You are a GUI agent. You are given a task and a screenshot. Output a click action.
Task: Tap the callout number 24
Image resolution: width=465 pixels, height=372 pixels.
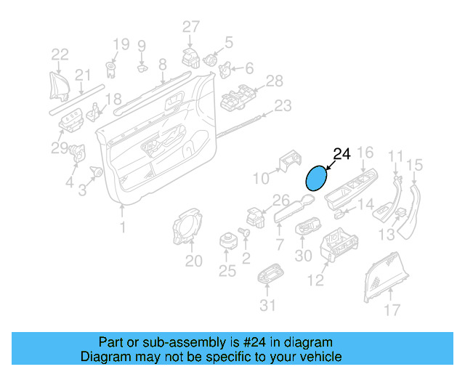click(341, 154)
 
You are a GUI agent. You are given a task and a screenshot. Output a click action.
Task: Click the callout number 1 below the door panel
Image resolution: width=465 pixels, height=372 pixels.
click(122, 227)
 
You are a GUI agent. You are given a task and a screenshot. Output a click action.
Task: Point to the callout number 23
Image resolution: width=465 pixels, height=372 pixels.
click(282, 105)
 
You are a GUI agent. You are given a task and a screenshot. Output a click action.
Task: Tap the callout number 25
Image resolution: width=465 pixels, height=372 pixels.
click(227, 271)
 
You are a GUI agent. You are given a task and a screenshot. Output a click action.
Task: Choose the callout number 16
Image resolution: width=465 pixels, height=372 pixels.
click(365, 152)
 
